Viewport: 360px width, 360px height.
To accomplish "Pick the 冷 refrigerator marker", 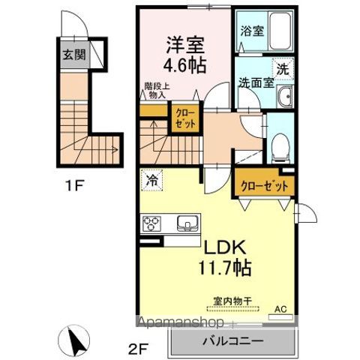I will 151,180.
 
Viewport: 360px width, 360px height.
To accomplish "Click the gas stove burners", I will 152,223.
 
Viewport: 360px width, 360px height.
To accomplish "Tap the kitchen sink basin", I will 185,223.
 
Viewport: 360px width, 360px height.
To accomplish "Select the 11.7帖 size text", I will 223,267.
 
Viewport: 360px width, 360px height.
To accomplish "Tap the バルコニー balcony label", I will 231,341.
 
